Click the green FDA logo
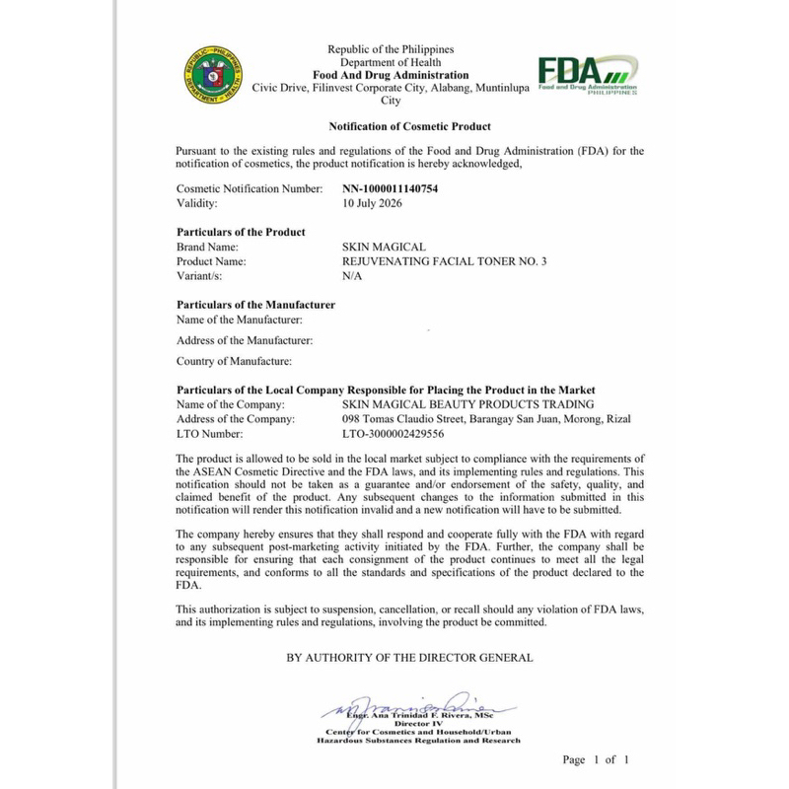[584, 76]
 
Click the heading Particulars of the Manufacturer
[255, 305]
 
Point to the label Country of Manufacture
[234, 361]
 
